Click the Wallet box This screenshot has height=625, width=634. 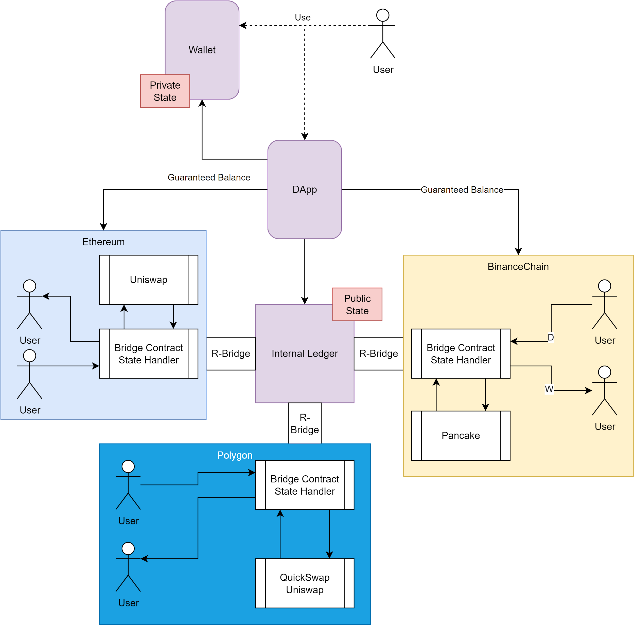tap(202, 50)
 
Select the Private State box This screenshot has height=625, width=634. tap(165, 91)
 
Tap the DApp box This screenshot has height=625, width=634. tap(305, 189)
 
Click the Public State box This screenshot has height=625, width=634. tap(357, 304)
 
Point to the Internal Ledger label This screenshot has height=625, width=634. tap(305, 354)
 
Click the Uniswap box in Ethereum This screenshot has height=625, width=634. tap(148, 280)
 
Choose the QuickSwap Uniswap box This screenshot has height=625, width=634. tap(305, 583)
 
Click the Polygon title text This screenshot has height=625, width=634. tap(235, 455)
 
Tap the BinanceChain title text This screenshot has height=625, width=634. tap(518, 266)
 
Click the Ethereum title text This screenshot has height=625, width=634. tap(103, 242)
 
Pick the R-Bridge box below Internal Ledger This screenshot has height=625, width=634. tap(305, 423)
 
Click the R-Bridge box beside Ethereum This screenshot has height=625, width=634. tap(231, 354)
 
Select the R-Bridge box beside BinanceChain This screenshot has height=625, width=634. tap(378, 354)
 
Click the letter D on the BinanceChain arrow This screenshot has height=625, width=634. tap(551, 337)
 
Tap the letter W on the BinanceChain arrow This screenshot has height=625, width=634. tap(549, 389)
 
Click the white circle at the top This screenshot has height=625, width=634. tap(383, 15)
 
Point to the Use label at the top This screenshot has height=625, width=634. tap(303, 17)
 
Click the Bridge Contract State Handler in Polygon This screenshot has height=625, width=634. tap(305, 485)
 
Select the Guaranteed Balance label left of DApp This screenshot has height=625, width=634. tap(209, 177)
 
